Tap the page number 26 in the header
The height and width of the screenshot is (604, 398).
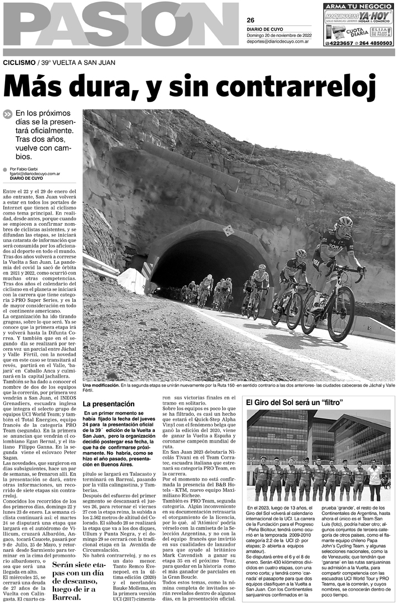point(251,19)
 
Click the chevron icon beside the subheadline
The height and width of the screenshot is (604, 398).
point(7,114)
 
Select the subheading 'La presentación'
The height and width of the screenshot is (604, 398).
point(108,403)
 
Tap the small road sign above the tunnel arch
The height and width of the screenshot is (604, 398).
point(228,230)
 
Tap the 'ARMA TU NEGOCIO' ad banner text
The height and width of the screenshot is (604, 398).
point(358,6)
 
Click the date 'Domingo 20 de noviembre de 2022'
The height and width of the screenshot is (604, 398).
point(278,35)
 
